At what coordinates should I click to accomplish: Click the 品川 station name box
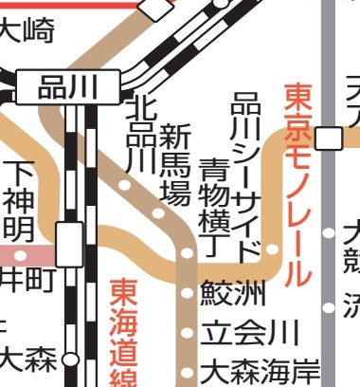tap(67, 88)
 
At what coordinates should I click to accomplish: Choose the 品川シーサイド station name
tap(248, 175)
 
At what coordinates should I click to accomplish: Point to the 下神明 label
tap(20, 200)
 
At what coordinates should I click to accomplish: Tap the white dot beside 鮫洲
tap(187, 293)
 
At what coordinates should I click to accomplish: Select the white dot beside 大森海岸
tap(187, 370)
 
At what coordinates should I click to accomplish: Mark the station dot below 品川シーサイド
tap(272, 249)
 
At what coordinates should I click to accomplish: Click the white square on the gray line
tap(329, 138)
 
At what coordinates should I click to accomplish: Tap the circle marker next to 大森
tap(68, 360)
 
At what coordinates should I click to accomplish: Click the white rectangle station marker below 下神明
tap(69, 244)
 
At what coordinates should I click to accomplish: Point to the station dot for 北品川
tap(124, 185)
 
